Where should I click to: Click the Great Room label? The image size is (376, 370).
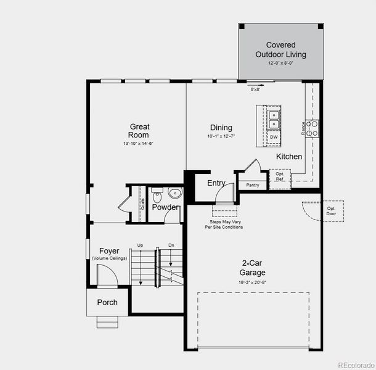(x=139, y=131)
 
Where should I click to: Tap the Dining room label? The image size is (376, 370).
(x=221, y=128)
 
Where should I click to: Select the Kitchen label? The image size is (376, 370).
(x=289, y=157)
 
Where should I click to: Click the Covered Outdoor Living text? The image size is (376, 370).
(x=281, y=49)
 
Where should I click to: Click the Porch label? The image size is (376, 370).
(x=107, y=302)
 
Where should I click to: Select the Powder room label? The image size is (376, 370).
(x=166, y=207)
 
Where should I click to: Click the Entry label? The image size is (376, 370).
(x=216, y=183)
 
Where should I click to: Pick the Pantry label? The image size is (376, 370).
(x=252, y=184)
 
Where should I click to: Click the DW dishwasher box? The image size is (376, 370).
(x=274, y=137)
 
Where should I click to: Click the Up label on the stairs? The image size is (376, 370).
(x=141, y=246)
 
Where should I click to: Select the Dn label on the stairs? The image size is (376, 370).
(x=171, y=246)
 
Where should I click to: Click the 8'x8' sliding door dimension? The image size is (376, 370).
(x=255, y=89)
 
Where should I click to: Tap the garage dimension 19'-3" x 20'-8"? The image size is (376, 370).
(x=253, y=281)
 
